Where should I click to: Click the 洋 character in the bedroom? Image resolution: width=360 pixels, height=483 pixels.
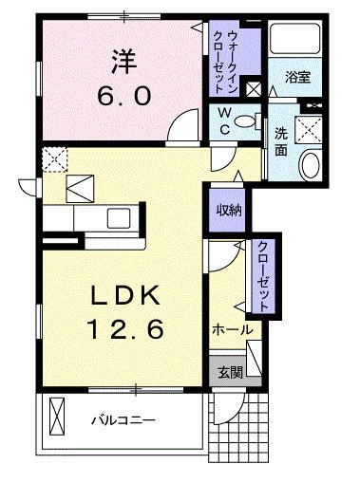tap(123, 64)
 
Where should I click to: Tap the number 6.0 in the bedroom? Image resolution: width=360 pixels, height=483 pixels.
tap(123, 97)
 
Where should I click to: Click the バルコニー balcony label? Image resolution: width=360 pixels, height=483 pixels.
tap(123, 419)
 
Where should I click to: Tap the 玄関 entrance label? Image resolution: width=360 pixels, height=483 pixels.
tap(224, 371)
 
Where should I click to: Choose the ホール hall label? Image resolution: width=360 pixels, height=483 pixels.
tap(232, 329)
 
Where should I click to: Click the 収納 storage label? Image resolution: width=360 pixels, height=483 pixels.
tap(228, 210)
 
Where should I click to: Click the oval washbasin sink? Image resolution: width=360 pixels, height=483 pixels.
tap(311, 166)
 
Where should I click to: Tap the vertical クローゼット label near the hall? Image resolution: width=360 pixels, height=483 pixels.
tap(261, 275)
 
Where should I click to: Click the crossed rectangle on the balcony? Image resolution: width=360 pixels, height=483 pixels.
tap(56, 418)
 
